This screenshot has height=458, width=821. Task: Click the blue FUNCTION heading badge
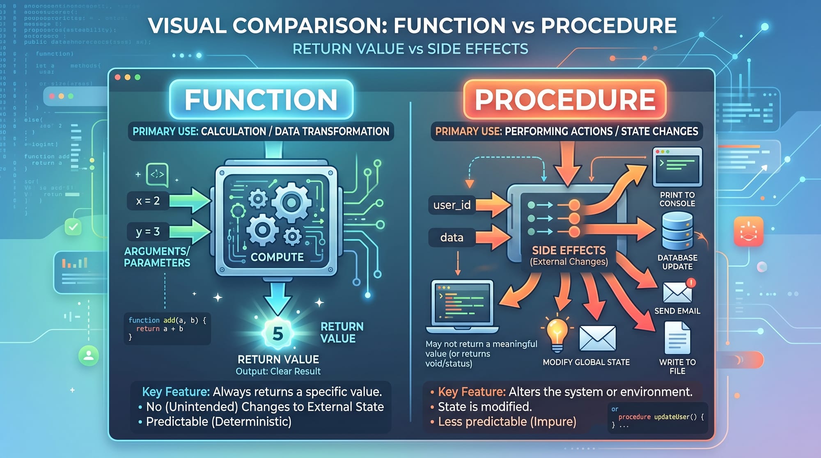(261, 100)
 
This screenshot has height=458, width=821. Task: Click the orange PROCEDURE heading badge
(565, 100)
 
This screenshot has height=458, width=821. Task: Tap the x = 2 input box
(148, 201)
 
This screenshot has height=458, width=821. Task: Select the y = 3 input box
(148, 232)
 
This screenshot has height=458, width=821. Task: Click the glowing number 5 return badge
(278, 333)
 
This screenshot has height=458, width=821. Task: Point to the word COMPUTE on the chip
(277, 257)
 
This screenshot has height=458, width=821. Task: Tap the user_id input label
(452, 205)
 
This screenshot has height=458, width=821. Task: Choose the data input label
(452, 238)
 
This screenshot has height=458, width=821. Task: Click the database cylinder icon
(677, 231)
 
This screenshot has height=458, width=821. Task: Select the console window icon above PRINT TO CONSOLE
(677, 167)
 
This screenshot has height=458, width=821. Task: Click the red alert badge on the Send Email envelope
(691, 282)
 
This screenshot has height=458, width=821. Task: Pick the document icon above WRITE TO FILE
(677, 338)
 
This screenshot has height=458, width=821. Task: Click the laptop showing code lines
(462, 306)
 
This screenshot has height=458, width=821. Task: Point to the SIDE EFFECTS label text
(569, 250)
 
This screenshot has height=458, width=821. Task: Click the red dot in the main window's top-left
(118, 77)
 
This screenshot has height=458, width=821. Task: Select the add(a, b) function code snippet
(167, 328)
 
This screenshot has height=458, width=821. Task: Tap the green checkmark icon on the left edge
(73, 227)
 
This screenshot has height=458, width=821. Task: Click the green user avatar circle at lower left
(89, 355)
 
